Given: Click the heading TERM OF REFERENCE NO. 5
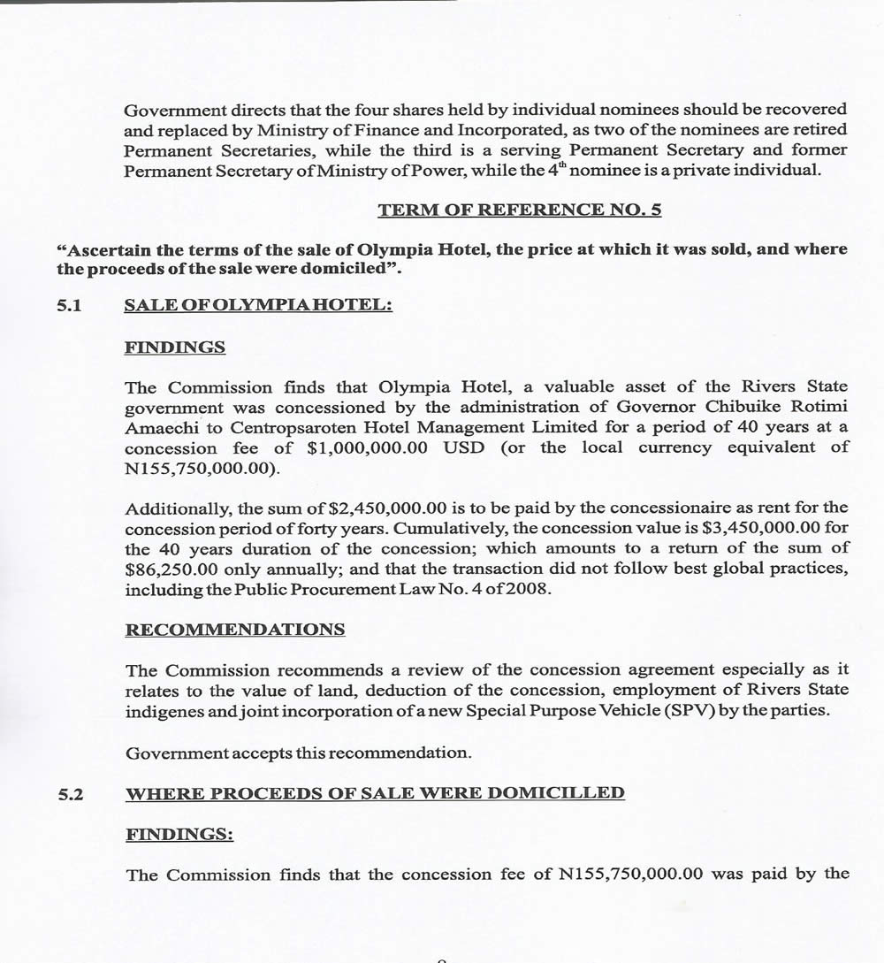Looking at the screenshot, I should click(x=519, y=210).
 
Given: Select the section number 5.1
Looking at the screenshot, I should click(x=70, y=305).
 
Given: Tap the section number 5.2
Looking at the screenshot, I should click(x=71, y=794).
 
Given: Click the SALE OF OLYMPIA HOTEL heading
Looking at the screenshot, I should click(x=257, y=305).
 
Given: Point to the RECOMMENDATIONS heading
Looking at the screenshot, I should click(x=235, y=630).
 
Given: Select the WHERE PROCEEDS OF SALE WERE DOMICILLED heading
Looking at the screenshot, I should click(x=375, y=793).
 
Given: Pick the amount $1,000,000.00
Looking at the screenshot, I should click(x=367, y=447).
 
